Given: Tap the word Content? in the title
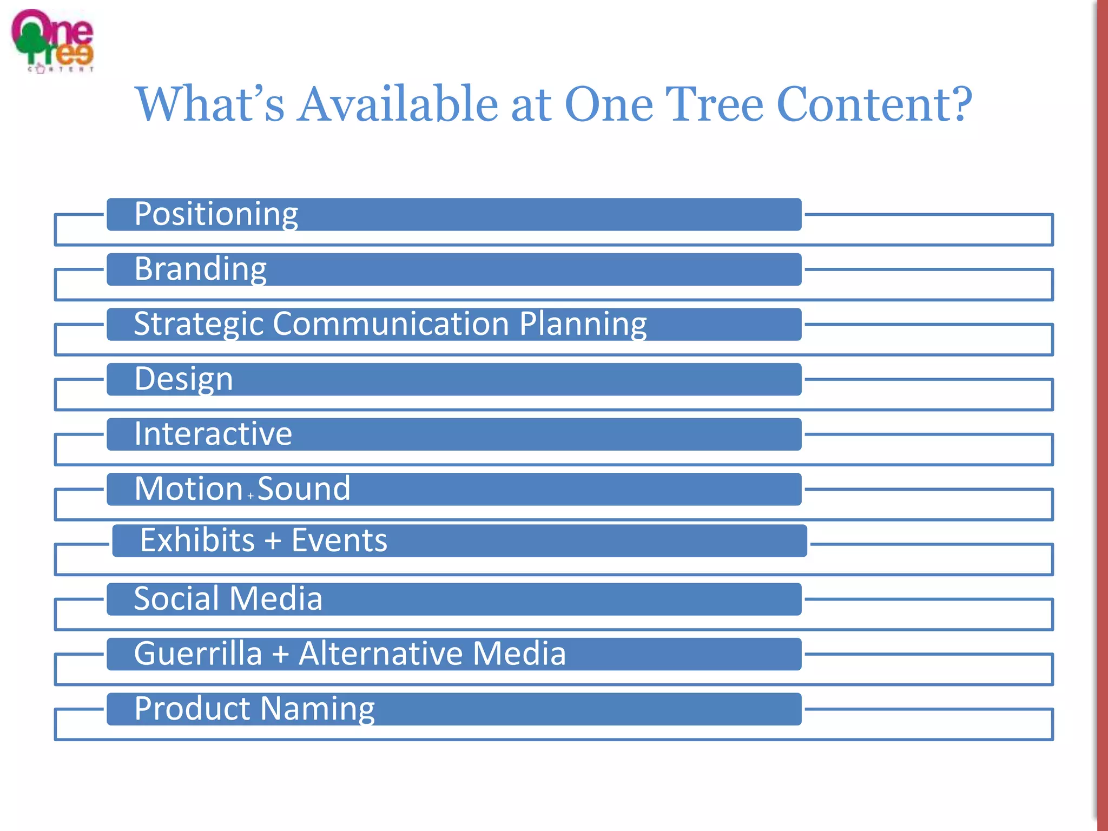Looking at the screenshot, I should [874, 104].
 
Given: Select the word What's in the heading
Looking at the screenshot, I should [209, 104].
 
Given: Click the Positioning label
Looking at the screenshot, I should [216, 214].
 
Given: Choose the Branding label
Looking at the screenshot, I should [200, 269].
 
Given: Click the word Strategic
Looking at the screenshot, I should [198, 325].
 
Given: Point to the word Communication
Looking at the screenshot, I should [391, 324].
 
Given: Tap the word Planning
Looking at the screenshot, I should [583, 325].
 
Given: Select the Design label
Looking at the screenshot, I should [183, 379].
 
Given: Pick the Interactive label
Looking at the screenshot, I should [213, 434].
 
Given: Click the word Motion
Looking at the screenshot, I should [188, 489].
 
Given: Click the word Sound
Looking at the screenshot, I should [304, 489].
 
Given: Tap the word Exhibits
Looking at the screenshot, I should [197, 540].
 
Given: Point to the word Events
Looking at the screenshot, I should [339, 540].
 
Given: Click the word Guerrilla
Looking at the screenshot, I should [198, 654].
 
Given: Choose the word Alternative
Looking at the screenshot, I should [381, 654].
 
